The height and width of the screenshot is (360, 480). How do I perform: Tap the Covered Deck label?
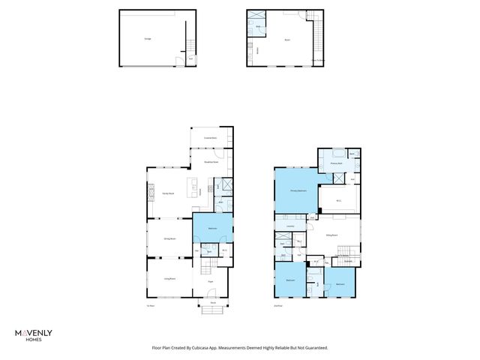[x=211, y=138]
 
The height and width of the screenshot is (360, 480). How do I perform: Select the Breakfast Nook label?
[x=211, y=161]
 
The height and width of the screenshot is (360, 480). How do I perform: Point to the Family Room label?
[x=169, y=193]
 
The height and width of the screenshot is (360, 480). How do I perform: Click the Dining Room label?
[x=169, y=238]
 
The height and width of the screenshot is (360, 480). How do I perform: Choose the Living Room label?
[x=169, y=278]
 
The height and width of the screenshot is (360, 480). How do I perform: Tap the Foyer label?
[x=212, y=281]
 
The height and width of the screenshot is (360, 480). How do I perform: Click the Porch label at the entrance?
[x=213, y=303]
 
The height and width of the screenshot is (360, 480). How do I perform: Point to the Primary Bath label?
[x=337, y=163]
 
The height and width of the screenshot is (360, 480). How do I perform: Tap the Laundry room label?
[x=289, y=226]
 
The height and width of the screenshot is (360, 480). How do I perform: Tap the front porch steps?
[x=213, y=310]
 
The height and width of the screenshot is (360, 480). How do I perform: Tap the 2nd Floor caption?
[x=278, y=305]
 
